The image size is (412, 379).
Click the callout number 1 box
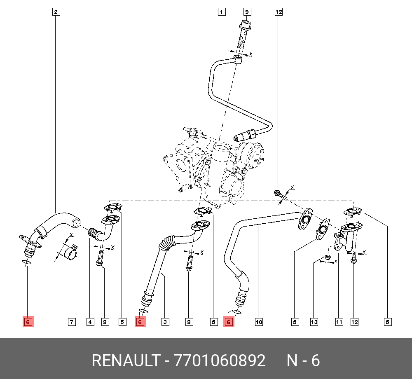tap(222, 12)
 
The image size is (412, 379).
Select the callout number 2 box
tap(56, 12)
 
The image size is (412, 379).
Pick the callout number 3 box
tap(165, 322)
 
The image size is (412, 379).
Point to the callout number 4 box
tap(90, 322)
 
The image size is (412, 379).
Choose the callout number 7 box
tap(72, 322)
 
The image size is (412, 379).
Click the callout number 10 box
tap(259, 322)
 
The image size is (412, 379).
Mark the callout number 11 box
tap(339, 322)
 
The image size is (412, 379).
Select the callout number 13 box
tap(314, 322)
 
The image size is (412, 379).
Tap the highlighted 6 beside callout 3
tap(140, 322)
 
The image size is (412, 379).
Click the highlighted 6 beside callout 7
tap(28, 322)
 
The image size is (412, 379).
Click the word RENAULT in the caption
tap(125, 361)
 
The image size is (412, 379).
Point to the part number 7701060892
tap(220, 361)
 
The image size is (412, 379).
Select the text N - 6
tap(303, 361)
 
